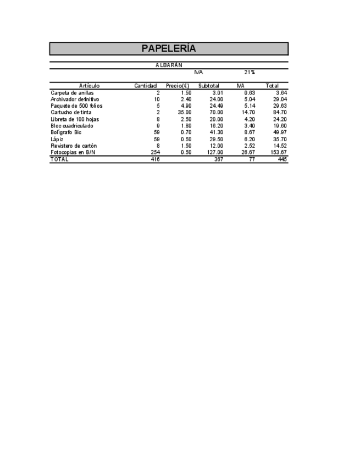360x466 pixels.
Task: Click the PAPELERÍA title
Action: [x=169, y=48]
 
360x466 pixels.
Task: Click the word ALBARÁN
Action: [x=169, y=65]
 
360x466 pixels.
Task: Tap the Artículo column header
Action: [x=89, y=86]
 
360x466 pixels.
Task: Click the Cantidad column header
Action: [x=146, y=86]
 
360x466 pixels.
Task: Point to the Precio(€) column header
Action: [x=178, y=86]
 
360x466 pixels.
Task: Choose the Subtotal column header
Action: [x=209, y=86]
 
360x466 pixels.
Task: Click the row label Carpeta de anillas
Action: [x=72, y=93]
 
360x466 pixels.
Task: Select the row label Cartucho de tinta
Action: [x=71, y=113]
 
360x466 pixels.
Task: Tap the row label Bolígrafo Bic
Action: [x=66, y=132]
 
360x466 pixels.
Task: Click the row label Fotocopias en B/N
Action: [x=73, y=152]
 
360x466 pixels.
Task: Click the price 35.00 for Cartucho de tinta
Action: [x=185, y=113]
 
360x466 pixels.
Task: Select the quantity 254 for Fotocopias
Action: [x=155, y=152]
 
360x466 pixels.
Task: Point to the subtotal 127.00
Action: [x=215, y=152]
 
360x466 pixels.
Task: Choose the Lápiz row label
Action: [x=57, y=139]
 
